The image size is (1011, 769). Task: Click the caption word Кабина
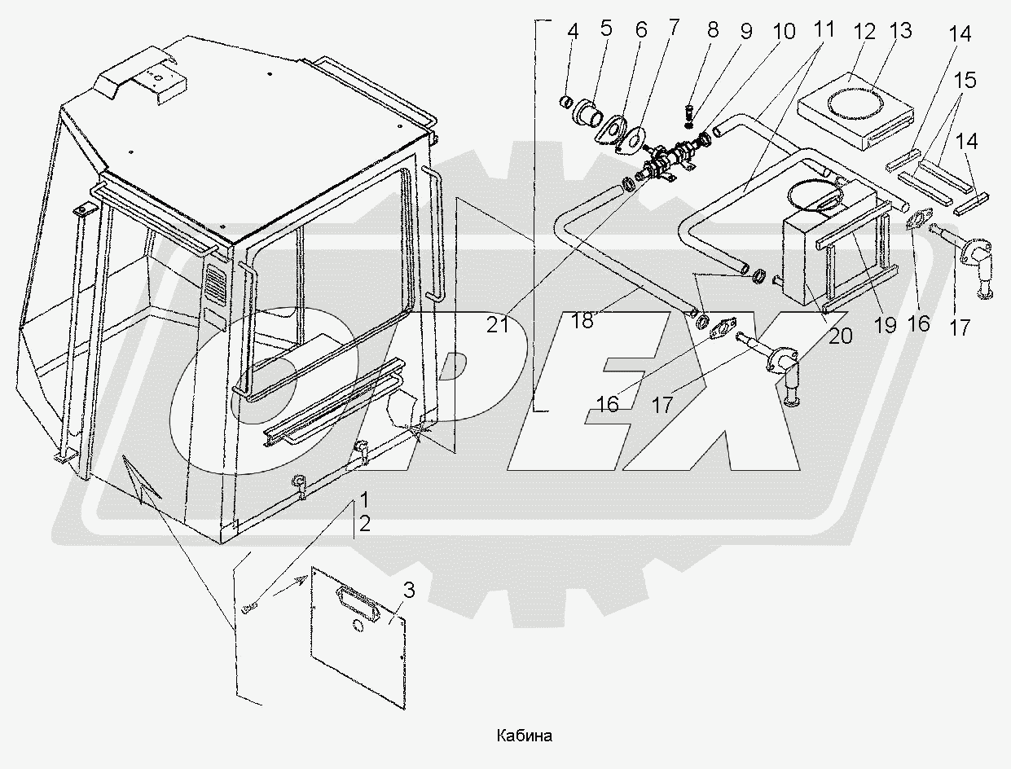(x=524, y=736)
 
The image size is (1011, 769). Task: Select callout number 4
(x=573, y=32)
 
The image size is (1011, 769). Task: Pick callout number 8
(x=713, y=30)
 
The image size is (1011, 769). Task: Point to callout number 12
(x=864, y=32)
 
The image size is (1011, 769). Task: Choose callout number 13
(x=900, y=30)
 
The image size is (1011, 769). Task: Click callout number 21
(x=498, y=325)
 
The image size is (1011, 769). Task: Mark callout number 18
(x=582, y=321)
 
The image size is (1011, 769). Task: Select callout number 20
(x=840, y=336)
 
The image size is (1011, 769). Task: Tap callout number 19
(x=885, y=326)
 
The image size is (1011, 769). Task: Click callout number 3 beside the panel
(x=408, y=591)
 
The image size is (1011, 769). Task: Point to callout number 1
(x=364, y=499)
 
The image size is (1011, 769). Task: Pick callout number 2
(x=365, y=524)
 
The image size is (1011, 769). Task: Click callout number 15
(x=965, y=80)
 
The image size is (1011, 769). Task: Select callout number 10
(x=784, y=31)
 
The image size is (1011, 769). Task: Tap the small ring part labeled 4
(x=566, y=101)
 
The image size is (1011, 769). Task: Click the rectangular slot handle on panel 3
(x=358, y=603)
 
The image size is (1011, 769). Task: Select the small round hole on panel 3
(x=358, y=626)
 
